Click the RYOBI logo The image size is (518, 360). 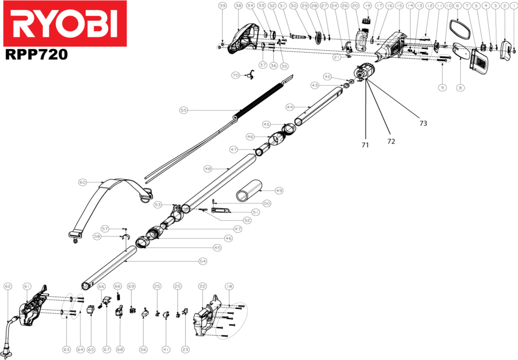click(x=64, y=24)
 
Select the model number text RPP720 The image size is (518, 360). click(x=36, y=54)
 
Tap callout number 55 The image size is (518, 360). click(x=183, y=110)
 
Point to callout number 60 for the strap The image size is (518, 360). click(x=82, y=182)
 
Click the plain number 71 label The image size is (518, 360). click(x=366, y=145)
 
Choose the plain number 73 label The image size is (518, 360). click(x=423, y=123)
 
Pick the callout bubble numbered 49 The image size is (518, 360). click(x=278, y=191)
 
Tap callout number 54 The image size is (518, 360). click(x=202, y=261)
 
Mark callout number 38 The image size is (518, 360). click(x=238, y=5)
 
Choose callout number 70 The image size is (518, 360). click(x=235, y=76)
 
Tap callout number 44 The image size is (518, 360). click(x=290, y=106)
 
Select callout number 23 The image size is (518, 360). click(x=185, y=350)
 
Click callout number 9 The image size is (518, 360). click(x=442, y=87)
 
